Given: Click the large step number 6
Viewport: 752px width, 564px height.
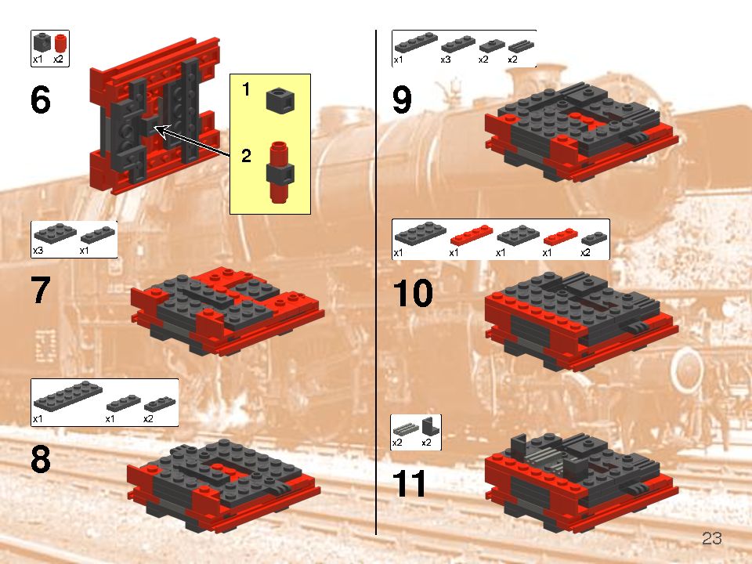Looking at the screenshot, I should [41, 101].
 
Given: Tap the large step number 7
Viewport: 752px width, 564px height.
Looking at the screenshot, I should [41, 291].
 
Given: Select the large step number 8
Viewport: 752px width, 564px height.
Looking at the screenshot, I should [41, 460].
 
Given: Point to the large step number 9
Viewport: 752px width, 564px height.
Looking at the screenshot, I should [401, 101].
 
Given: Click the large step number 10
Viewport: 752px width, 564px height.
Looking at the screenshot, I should [412, 295].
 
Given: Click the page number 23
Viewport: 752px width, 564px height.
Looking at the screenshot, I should [711, 539].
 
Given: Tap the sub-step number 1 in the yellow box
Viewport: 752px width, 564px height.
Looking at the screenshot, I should [246, 91].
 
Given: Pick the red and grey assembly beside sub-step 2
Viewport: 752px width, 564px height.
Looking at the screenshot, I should [279, 172].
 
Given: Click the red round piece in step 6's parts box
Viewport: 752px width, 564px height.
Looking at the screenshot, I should [60, 43].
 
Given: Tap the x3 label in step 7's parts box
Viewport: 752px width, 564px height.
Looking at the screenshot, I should [38, 251].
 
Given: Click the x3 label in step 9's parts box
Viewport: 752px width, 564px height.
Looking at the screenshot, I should [446, 60].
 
